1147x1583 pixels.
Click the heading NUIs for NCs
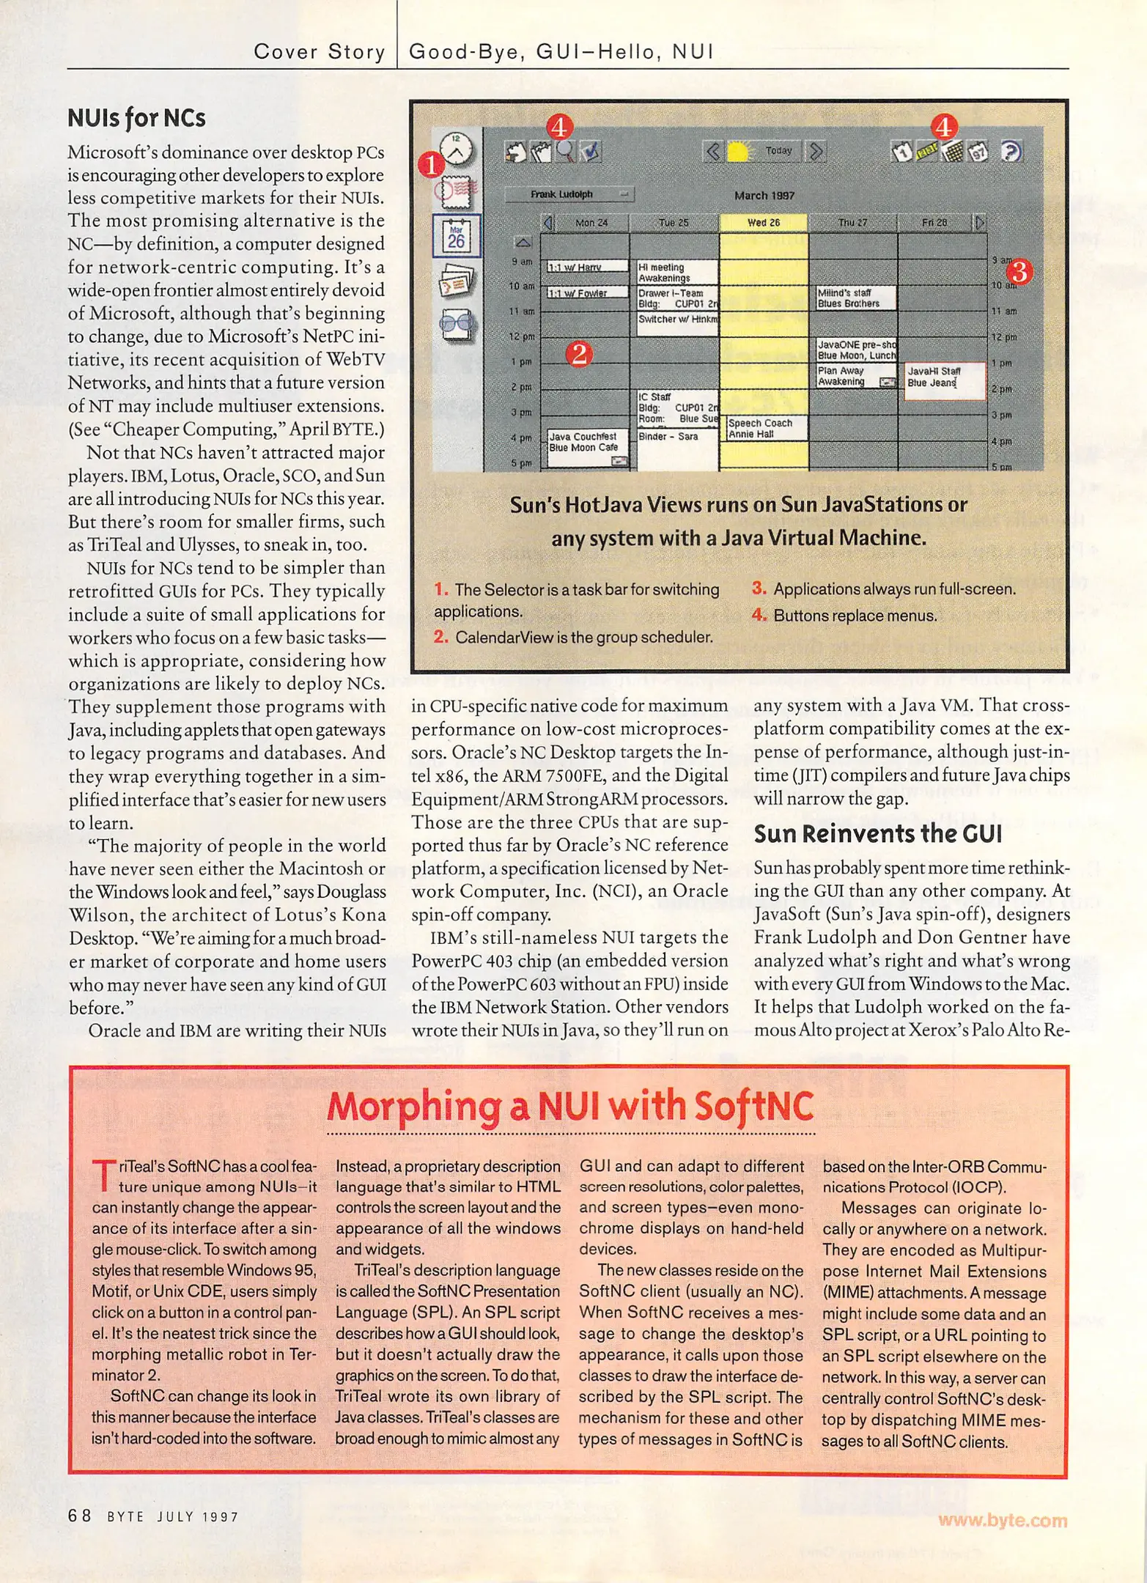tap(136, 118)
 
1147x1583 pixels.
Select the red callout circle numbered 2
tap(579, 355)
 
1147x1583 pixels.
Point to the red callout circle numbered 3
tap(1020, 272)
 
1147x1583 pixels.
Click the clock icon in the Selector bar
tap(457, 149)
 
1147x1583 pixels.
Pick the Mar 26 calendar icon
tap(457, 236)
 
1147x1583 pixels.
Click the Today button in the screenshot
tap(778, 151)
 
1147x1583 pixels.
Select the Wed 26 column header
tap(764, 223)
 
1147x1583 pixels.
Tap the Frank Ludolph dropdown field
tap(569, 194)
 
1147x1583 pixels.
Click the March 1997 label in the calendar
tap(764, 196)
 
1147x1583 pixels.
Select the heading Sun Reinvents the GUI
tap(877, 834)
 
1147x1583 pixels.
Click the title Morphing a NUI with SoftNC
tap(570, 1107)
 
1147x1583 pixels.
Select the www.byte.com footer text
tap(1002, 1520)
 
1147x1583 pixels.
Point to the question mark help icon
tap(1011, 152)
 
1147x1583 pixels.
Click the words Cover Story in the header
tap(319, 51)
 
